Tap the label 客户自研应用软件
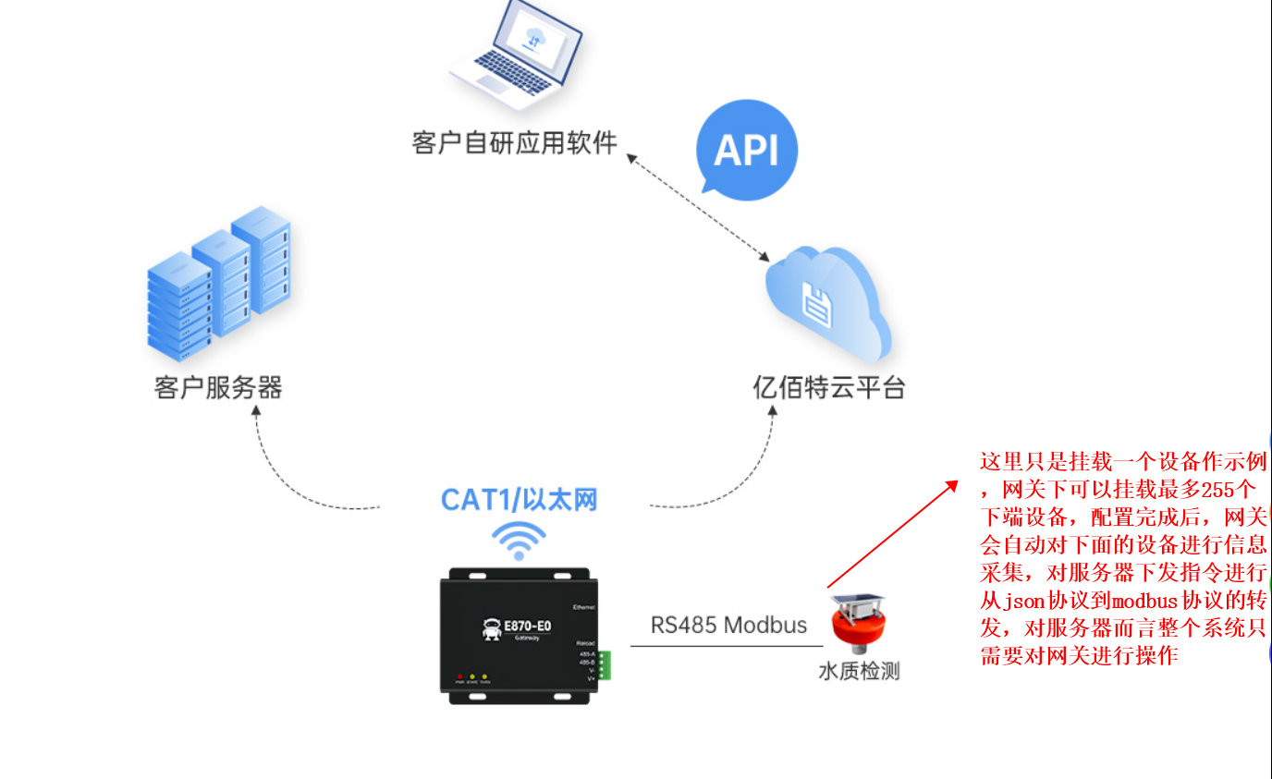tap(514, 144)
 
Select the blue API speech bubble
tap(746, 150)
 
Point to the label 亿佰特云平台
tap(828, 387)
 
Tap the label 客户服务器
tap(218, 387)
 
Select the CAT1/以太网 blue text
tap(519, 500)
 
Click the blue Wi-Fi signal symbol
tap(518, 540)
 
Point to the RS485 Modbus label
tap(728, 625)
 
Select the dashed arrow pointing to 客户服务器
tap(287, 471)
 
